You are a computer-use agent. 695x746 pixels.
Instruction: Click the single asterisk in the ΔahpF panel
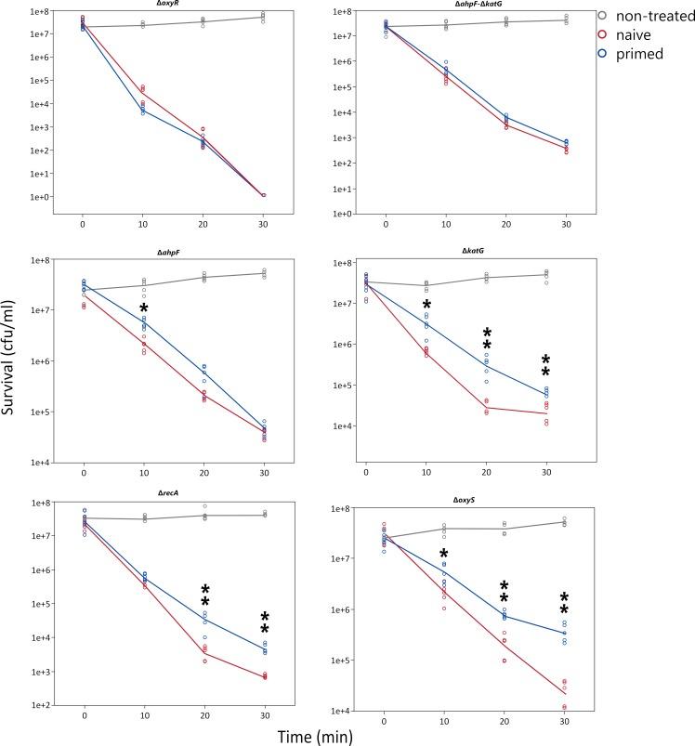tap(143, 308)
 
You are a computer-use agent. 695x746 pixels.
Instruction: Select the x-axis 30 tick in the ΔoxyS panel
tap(566, 722)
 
